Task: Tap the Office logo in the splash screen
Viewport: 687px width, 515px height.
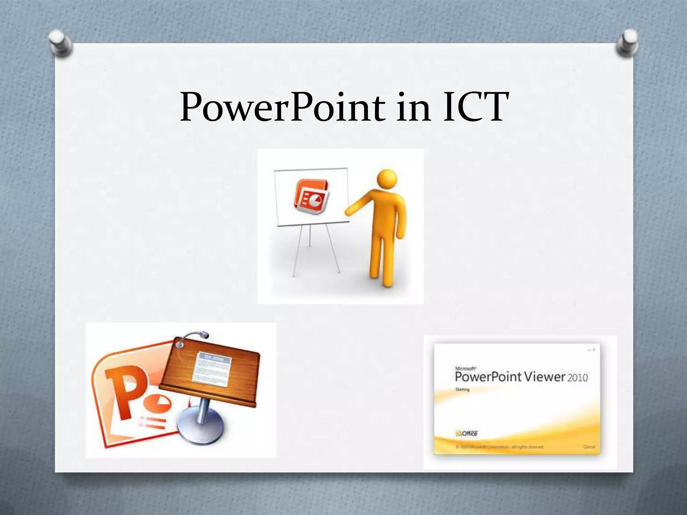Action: pyautogui.click(x=467, y=433)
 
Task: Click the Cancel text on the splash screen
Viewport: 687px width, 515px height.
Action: pyautogui.click(x=589, y=447)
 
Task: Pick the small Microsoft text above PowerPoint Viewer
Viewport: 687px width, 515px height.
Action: pyautogui.click(x=464, y=368)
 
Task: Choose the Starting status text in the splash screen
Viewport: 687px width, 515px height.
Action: pyautogui.click(x=462, y=390)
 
